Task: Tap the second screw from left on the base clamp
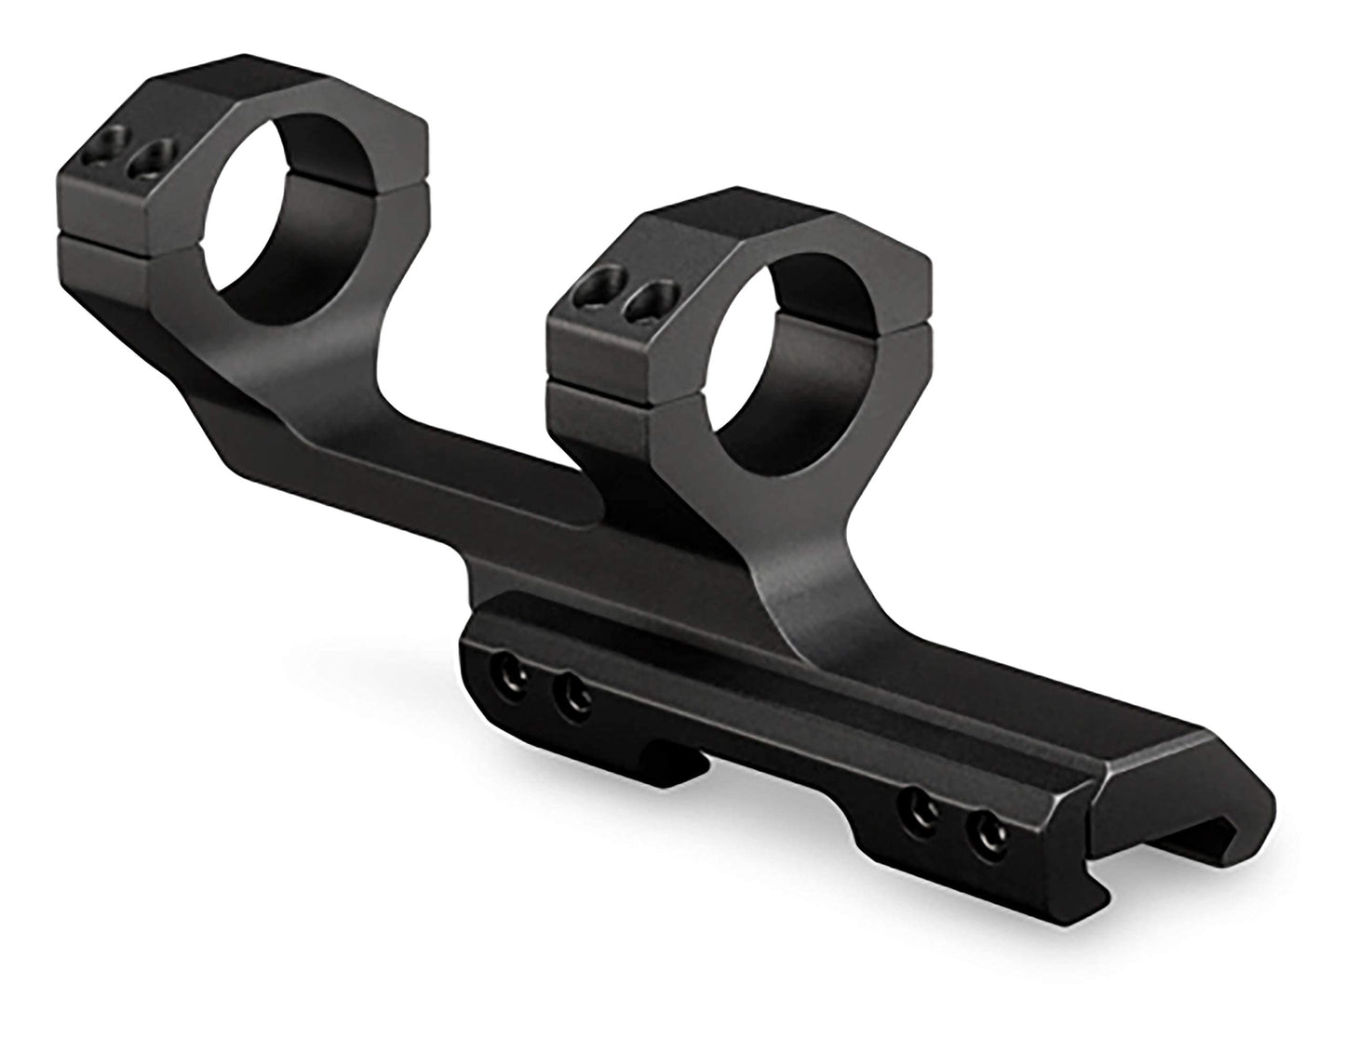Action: tap(572, 693)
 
